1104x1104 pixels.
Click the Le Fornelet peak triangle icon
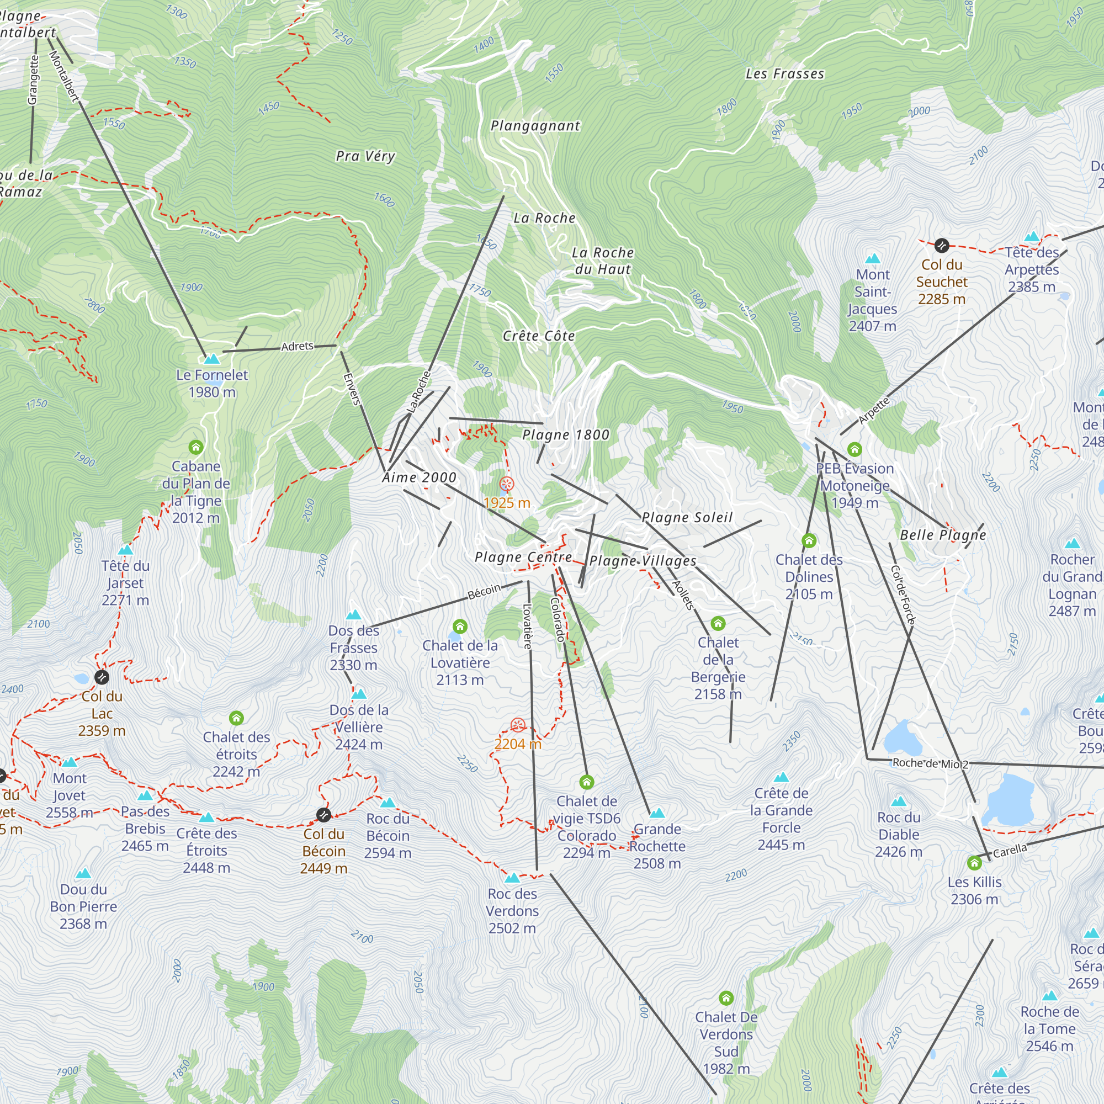click(x=212, y=359)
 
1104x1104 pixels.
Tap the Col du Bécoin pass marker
click(x=323, y=814)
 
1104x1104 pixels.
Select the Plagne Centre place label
click(x=523, y=557)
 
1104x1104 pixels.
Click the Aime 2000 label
click(x=420, y=477)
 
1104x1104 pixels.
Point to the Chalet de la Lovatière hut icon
click(x=460, y=627)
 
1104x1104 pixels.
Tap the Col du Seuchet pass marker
click(x=942, y=246)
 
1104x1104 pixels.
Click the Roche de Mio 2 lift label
click(x=930, y=763)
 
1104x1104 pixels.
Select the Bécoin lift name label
click(x=484, y=592)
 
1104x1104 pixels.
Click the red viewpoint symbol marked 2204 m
click(x=518, y=725)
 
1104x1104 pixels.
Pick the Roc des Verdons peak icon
click(x=513, y=878)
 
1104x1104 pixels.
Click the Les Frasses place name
click(x=784, y=74)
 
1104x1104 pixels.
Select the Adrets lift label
click(x=297, y=346)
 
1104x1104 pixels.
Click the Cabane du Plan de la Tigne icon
click(x=196, y=447)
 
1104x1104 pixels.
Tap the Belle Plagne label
click(x=943, y=535)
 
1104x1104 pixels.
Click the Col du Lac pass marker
click(x=102, y=677)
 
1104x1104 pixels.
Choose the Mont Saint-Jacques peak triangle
click(x=873, y=258)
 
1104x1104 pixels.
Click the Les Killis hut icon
click(x=974, y=863)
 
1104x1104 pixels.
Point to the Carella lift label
click(x=1010, y=851)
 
